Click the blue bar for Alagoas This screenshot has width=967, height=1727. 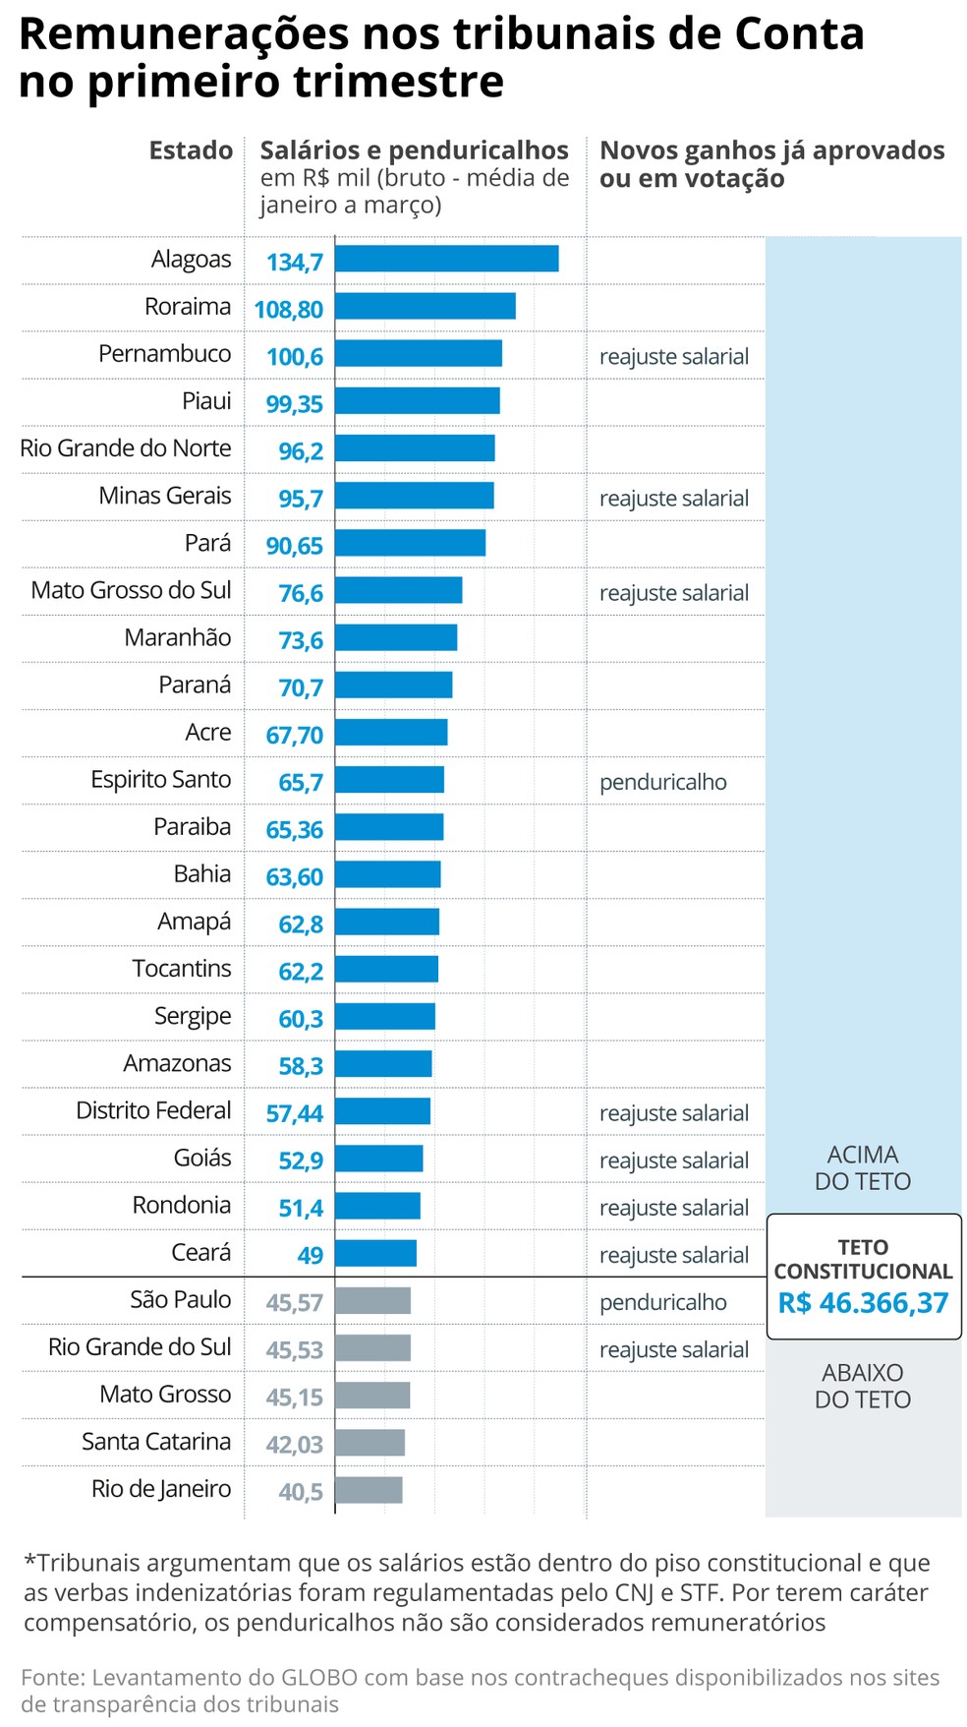446,259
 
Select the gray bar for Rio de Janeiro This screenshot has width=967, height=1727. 369,1490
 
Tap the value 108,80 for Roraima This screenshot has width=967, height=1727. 288,309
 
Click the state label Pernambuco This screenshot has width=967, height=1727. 164,354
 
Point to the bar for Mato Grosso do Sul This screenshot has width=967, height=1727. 398,590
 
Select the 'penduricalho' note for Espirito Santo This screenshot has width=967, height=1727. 662,782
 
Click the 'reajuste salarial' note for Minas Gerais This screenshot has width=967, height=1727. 673,499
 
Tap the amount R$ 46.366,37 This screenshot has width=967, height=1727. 863,1303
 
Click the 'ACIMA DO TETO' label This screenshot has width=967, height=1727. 863,1168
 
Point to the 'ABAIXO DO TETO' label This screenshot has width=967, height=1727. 863,1386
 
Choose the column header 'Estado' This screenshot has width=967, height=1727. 191,150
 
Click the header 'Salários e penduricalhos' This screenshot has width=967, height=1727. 414,150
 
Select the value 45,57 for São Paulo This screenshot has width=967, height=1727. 294,1303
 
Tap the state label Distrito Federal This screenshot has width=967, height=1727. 153,1110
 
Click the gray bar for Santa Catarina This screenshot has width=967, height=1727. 370,1443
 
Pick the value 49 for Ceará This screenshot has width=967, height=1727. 310,1255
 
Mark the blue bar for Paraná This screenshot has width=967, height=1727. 393,685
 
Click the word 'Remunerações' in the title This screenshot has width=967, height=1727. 184,35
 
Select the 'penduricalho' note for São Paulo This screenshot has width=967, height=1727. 662,1302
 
